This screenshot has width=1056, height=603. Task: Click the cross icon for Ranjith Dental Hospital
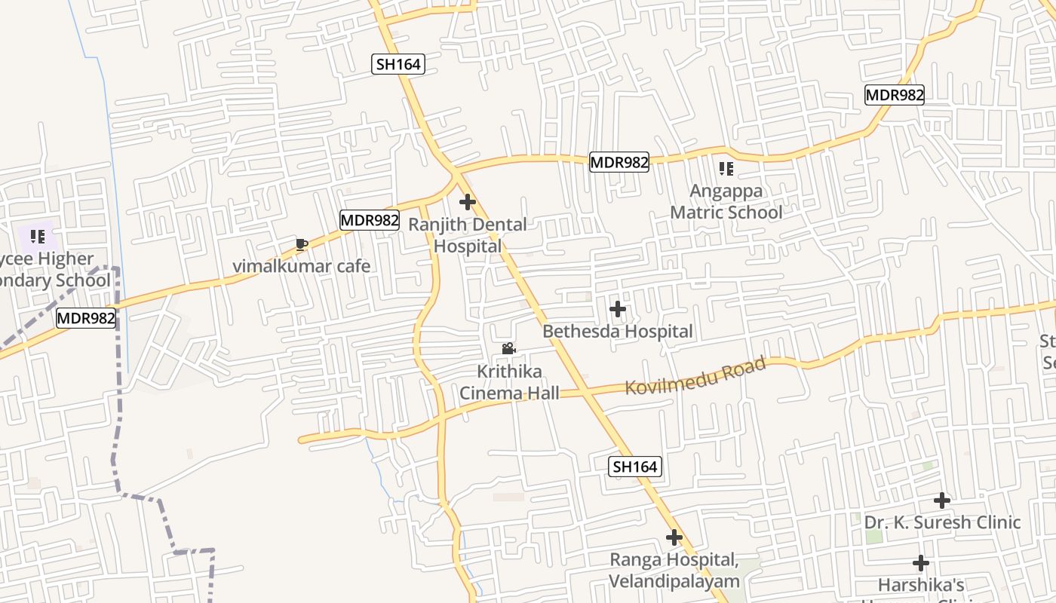[468, 202]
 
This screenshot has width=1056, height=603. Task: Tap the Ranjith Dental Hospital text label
[468, 235]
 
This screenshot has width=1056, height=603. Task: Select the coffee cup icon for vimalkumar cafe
[302, 244]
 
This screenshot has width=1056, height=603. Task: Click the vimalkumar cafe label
[302, 266]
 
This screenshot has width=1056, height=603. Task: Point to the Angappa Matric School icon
[726, 169]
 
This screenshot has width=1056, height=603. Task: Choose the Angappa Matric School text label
[726, 201]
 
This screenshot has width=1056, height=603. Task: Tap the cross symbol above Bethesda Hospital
[618, 309]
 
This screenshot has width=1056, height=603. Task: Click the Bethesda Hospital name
[618, 331]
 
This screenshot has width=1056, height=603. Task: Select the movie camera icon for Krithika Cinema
[509, 349]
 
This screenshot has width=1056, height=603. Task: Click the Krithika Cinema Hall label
[510, 382]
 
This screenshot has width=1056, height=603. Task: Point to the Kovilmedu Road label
[695, 375]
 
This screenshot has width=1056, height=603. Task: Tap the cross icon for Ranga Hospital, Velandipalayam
[674, 537]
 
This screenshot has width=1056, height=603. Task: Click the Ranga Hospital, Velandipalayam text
[674, 570]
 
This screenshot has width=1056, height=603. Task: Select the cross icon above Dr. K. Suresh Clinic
[941, 500]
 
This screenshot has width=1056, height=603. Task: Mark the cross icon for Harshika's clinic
[920, 563]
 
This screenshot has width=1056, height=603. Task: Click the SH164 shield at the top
[399, 64]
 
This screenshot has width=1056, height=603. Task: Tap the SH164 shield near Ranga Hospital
[635, 467]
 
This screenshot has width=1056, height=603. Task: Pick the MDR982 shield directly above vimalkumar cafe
[369, 220]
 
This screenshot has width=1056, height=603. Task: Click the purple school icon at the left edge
[38, 237]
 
